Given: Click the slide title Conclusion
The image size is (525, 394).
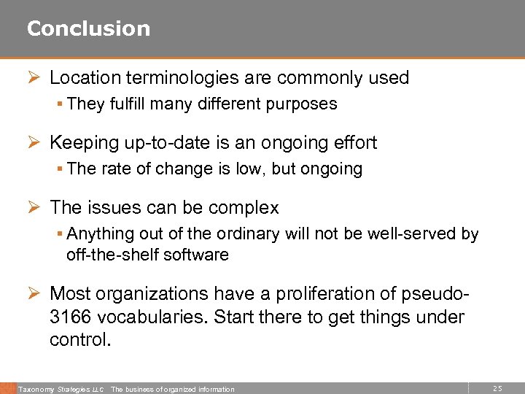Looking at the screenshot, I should [x=88, y=28].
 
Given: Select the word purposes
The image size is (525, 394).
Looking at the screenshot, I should [x=304, y=104].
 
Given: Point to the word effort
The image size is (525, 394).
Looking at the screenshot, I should [x=356, y=143].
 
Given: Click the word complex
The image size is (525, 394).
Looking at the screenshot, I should [x=243, y=208].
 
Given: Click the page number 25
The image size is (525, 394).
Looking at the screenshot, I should [x=498, y=389].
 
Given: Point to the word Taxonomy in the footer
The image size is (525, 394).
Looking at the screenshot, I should [x=34, y=390].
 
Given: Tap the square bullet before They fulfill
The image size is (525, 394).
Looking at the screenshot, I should [x=60, y=104].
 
